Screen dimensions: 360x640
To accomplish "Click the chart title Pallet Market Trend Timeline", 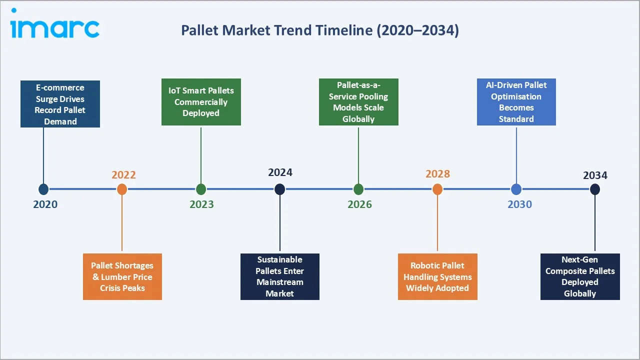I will coord(319,30).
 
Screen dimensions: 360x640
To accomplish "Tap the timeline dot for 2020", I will coord(43,189).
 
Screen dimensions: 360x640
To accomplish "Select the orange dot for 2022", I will coord(122,189).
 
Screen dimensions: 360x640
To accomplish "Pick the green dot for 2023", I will coord(201,189).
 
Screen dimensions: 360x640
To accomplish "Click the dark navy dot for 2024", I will coord(280,189).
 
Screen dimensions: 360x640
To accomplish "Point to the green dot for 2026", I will coord(358,189).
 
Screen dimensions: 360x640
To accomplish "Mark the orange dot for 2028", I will coord(437,189).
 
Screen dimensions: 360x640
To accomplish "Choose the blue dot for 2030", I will coord(516,189).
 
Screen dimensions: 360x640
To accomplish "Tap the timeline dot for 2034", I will coord(595,189).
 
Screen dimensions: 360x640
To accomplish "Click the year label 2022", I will coord(123,174).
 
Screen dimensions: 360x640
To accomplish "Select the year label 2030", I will coord(519,204).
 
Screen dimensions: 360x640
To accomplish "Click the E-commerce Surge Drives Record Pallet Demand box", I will coord(60,104).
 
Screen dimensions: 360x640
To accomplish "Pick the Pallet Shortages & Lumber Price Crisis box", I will coord(122,276).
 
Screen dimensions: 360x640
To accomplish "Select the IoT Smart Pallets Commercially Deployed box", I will coord(201,102).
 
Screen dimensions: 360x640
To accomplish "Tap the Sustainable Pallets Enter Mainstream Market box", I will coord(280,276).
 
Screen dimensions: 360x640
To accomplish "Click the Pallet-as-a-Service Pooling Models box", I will coord(358,102).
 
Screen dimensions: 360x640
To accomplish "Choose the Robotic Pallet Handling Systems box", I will coord(437,276).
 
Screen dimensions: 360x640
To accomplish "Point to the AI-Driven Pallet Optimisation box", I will coord(516,102).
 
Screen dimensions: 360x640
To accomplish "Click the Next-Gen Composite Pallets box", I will coord(580,276).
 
